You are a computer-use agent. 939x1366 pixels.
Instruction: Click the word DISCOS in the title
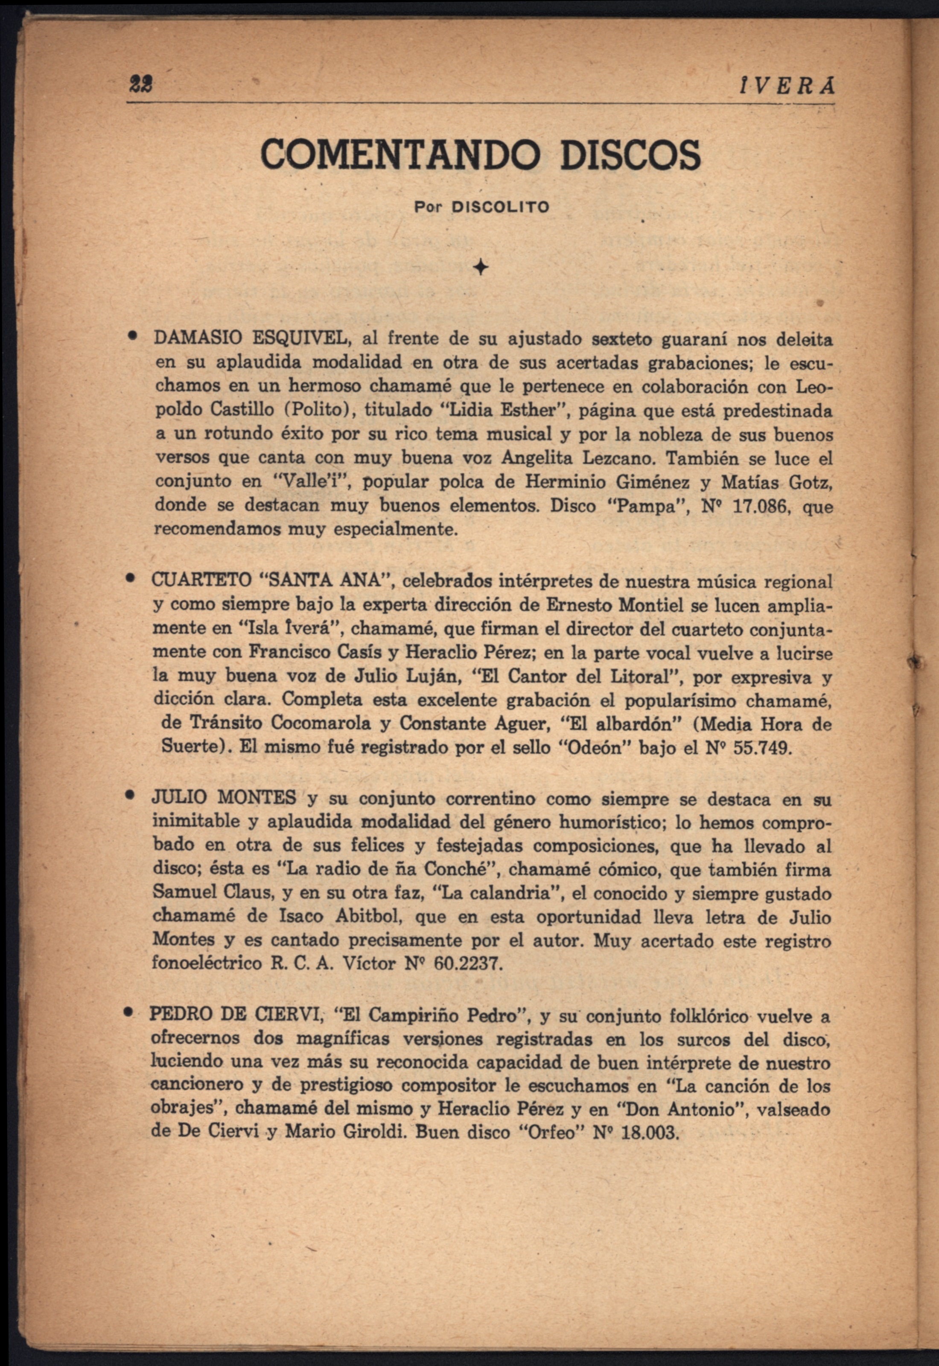[x=630, y=154]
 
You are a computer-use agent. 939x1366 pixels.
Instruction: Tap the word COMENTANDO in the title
[x=400, y=154]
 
